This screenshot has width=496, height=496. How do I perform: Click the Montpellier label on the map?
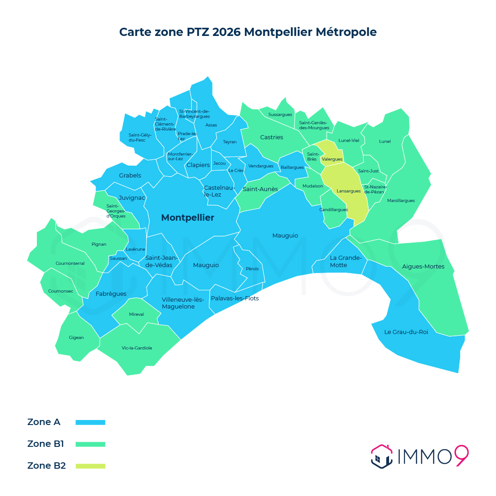click(187, 218)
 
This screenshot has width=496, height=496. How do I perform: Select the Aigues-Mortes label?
click(423, 267)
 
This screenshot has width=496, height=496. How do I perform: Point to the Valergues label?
click(332, 159)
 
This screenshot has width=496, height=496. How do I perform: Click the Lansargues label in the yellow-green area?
click(349, 191)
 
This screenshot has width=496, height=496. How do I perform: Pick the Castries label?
click(272, 137)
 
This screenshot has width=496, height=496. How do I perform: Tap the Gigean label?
click(76, 338)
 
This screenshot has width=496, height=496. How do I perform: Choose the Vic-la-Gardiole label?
click(137, 348)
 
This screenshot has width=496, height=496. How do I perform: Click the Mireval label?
click(137, 314)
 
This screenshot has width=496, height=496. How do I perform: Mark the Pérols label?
click(252, 269)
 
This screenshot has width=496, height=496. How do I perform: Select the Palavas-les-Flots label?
click(234, 299)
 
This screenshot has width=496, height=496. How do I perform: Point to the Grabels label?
click(130, 176)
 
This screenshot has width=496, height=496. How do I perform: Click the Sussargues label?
click(280, 115)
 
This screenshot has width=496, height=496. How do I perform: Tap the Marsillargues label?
click(401, 201)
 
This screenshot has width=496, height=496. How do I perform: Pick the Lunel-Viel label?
click(349, 141)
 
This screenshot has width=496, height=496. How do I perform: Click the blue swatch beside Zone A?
click(90, 422)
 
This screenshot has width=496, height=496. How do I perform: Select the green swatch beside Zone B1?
click(90, 444)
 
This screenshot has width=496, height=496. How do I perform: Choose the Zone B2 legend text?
click(46, 466)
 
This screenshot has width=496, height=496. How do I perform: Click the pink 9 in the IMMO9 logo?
click(461, 456)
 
